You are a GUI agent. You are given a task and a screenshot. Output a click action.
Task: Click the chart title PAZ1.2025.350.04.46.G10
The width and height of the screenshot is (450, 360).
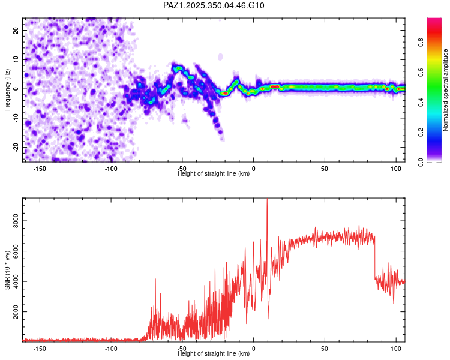(214, 5)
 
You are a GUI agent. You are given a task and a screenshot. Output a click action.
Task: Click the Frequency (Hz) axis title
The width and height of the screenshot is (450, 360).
(7, 89)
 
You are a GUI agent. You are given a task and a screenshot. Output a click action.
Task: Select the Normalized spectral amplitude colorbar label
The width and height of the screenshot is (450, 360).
(446, 90)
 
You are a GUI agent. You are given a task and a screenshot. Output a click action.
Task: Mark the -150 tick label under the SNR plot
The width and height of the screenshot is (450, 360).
(40, 348)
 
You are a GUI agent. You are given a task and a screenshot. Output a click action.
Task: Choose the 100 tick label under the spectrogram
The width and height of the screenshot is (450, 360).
(395, 168)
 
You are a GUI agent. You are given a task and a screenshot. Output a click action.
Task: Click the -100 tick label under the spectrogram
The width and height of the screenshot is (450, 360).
(112, 168)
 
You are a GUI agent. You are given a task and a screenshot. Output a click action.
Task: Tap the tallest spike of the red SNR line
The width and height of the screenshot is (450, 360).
(267, 202)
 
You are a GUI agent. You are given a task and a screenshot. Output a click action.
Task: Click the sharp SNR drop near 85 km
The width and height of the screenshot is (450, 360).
(375, 258)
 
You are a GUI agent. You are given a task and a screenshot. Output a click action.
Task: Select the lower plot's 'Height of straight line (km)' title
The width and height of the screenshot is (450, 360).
(213, 353)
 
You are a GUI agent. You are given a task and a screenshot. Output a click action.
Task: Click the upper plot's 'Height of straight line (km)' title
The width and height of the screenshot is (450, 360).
(213, 173)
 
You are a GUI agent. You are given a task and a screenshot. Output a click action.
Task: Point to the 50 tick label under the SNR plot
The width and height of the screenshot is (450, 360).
(325, 348)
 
